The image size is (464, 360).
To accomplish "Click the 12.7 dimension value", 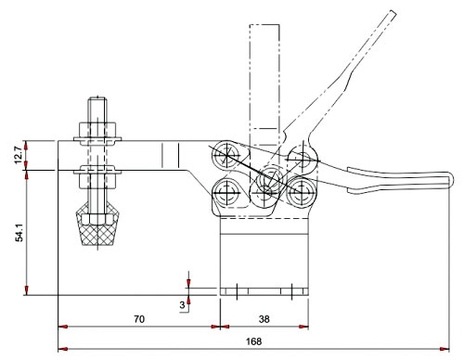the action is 19,155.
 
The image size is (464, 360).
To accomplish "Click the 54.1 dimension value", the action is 19,233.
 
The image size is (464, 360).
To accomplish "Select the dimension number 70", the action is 139,319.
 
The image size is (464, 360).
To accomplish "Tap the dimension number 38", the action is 264,319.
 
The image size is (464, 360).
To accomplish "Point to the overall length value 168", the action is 253,341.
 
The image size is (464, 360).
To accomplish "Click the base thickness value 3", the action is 182,305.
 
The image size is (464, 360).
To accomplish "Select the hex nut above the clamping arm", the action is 97,130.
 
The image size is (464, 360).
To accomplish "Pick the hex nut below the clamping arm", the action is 97,181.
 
